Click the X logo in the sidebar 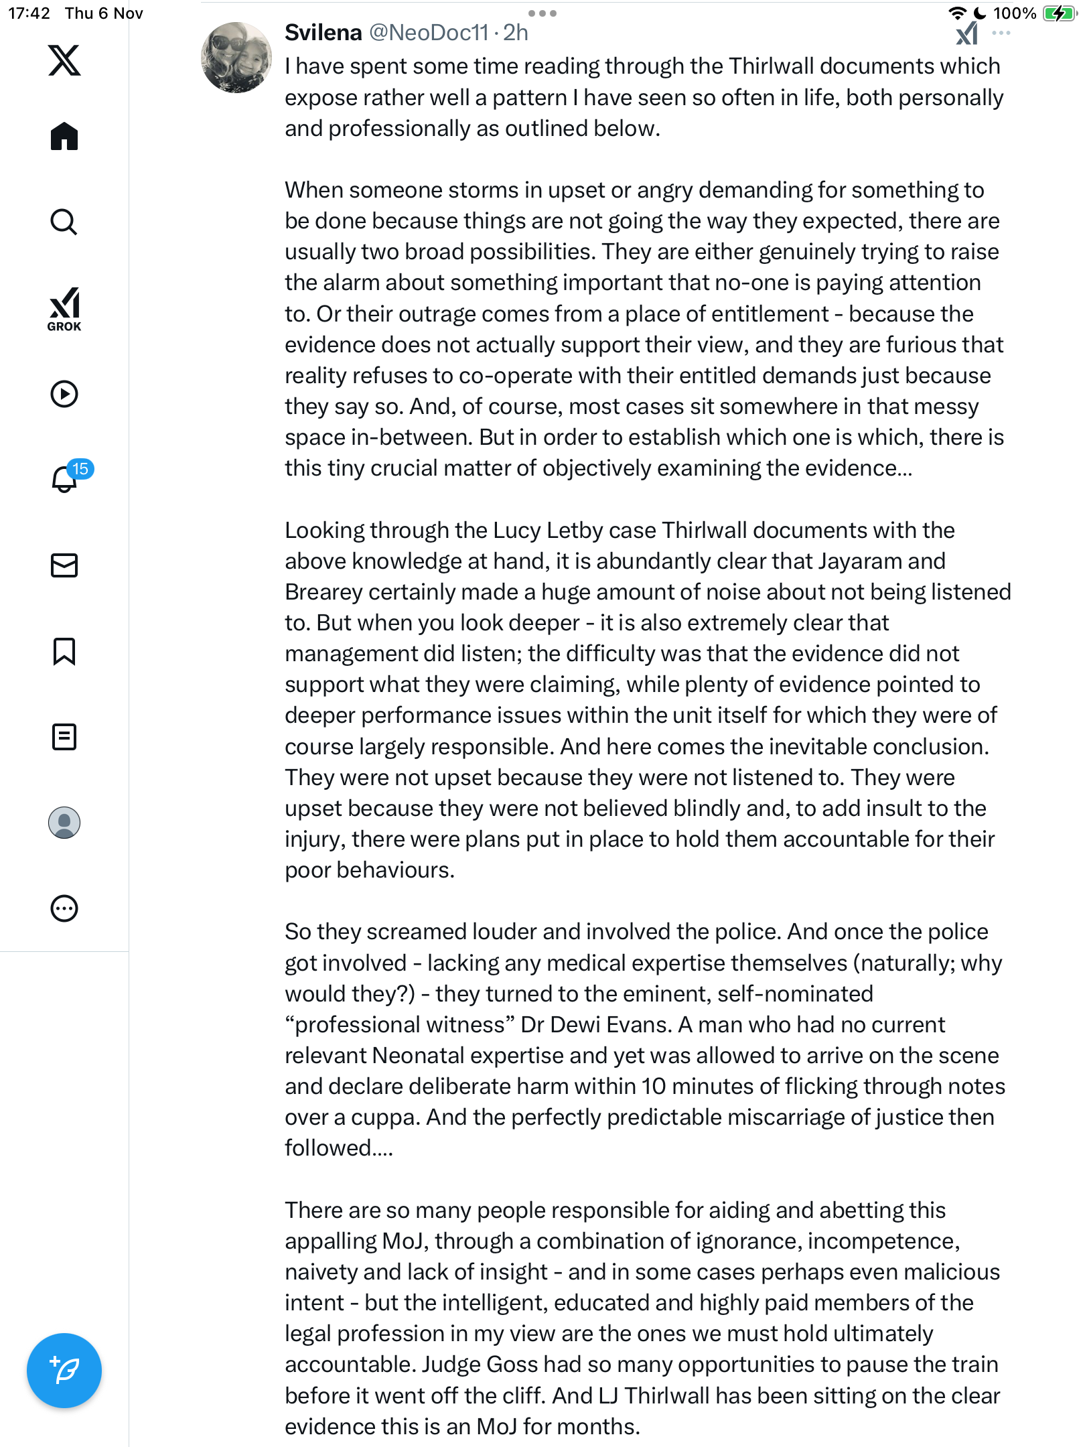(64, 60)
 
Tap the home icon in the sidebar (64, 136)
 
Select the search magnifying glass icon (64, 222)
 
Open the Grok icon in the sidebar (64, 309)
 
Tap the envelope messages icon (64, 565)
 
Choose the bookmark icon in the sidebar (64, 651)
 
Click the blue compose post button (64, 1370)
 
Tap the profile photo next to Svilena (236, 58)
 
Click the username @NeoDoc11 (429, 32)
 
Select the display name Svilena (323, 32)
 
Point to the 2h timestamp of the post (516, 32)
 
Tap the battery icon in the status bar (1058, 13)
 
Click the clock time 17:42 (29, 13)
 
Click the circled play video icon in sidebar (64, 394)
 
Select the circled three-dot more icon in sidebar (64, 908)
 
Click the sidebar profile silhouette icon (64, 823)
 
